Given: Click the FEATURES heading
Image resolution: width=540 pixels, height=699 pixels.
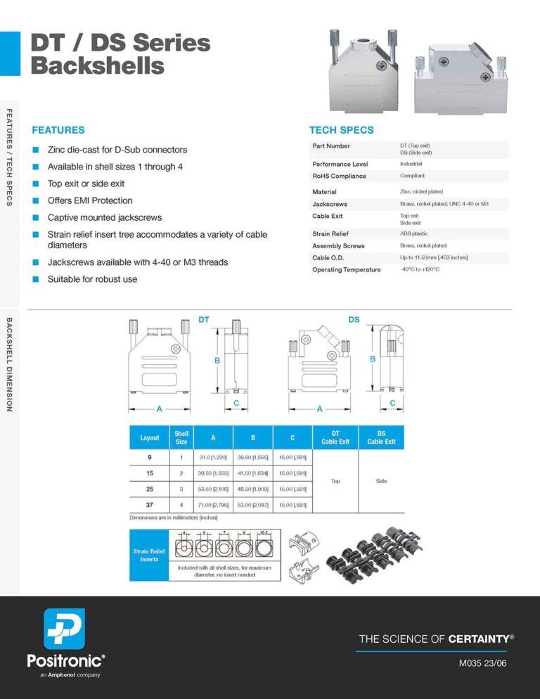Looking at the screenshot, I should pos(58,130).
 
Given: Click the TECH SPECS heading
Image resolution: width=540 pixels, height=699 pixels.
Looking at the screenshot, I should pos(342,130).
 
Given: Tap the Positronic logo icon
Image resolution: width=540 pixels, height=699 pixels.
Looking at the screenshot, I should pos(64,629).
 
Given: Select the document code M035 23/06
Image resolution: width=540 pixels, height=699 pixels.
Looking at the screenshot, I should pos(483,662).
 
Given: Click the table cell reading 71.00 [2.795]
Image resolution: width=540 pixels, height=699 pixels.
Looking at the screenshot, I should pos(213,504).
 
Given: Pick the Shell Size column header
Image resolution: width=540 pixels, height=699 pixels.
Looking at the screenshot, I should pos(181,437).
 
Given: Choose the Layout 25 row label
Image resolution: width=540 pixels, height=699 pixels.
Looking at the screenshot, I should pos(150,489).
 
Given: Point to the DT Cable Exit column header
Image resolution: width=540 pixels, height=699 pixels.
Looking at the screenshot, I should pos(335,437).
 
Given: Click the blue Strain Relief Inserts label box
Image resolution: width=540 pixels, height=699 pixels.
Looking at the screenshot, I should pos(150,555).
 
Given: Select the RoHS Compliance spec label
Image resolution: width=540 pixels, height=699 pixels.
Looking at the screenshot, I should pos(339,176).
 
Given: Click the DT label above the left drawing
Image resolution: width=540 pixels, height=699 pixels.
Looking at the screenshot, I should pos(203,320).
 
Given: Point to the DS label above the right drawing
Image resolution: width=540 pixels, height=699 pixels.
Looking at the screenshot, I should pos(354,320).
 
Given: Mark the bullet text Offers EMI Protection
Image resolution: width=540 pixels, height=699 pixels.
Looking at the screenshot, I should pos(89,200).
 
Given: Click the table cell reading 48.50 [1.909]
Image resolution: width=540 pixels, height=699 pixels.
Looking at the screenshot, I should pos(252,489).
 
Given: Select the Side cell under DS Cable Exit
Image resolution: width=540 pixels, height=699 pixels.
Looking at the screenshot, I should pos(381,481).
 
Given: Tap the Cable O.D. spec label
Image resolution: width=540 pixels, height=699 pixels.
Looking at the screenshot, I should pos(328,258).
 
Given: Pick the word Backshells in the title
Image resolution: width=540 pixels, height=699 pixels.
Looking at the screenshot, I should pos(97,66).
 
